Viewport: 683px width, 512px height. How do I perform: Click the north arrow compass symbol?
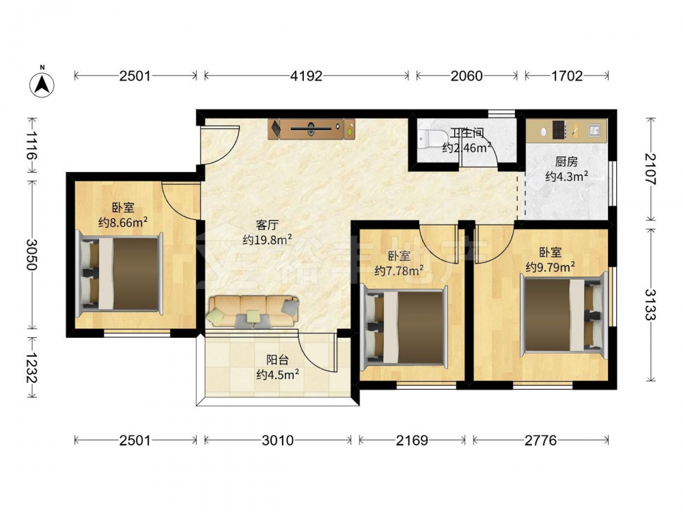pyautogui.click(x=42, y=83)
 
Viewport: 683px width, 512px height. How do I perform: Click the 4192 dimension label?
pyautogui.click(x=306, y=76)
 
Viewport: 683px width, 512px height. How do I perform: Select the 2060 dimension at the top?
pyautogui.click(x=466, y=76)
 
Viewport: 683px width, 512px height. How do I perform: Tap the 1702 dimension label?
pyautogui.click(x=567, y=76)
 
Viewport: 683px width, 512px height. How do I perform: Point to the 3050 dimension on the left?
pyautogui.click(x=31, y=254)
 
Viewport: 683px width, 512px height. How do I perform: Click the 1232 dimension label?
pyautogui.click(x=31, y=367)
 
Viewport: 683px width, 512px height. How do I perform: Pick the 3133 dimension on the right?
pyautogui.click(x=650, y=304)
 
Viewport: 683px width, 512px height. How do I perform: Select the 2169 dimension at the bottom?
pyautogui.click(x=412, y=440)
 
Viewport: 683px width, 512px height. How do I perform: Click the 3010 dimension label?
pyautogui.click(x=278, y=440)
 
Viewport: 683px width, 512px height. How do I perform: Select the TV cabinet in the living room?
pyautogui.click(x=312, y=129)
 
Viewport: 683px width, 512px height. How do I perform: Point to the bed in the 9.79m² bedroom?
pyautogui.click(x=564, y=315)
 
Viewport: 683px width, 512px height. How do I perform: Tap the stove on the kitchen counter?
pyautogui.click(x=559, y=130)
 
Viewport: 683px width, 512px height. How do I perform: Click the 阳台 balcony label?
pyautogui.click(x=277, y=360)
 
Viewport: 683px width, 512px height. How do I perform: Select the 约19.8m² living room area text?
pyautogui.click(x=267, y=240)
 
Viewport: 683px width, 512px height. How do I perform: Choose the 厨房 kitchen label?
pyautogui.click(x=567, y=162)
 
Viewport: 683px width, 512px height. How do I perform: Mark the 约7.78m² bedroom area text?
pyautogui.click(x=400, y=271)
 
